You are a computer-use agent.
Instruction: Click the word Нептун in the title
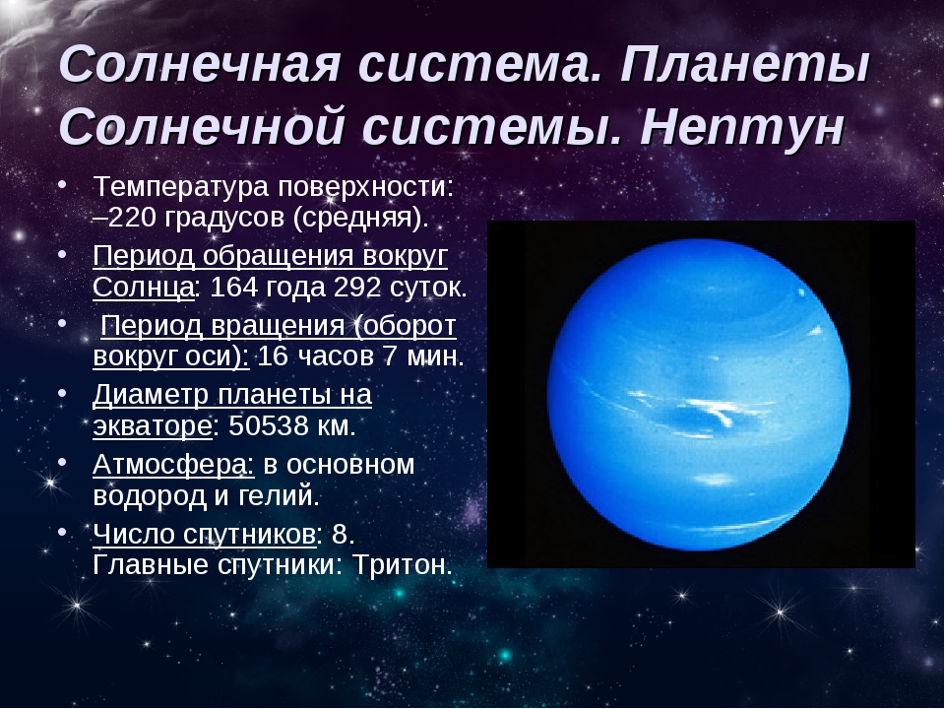pos(742,127)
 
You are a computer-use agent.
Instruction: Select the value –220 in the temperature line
pos(125,217)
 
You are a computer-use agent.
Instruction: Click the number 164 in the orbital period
pos(229,287)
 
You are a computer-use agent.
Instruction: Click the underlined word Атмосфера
pos(173,464)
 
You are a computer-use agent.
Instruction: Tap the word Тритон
pos(403,565)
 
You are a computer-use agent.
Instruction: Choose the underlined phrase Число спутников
pos(205,535)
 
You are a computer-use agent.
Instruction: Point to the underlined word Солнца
pos(144,288)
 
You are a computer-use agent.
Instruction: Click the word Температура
pos(180,186)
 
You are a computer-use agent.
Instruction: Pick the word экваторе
pos(153,426)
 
